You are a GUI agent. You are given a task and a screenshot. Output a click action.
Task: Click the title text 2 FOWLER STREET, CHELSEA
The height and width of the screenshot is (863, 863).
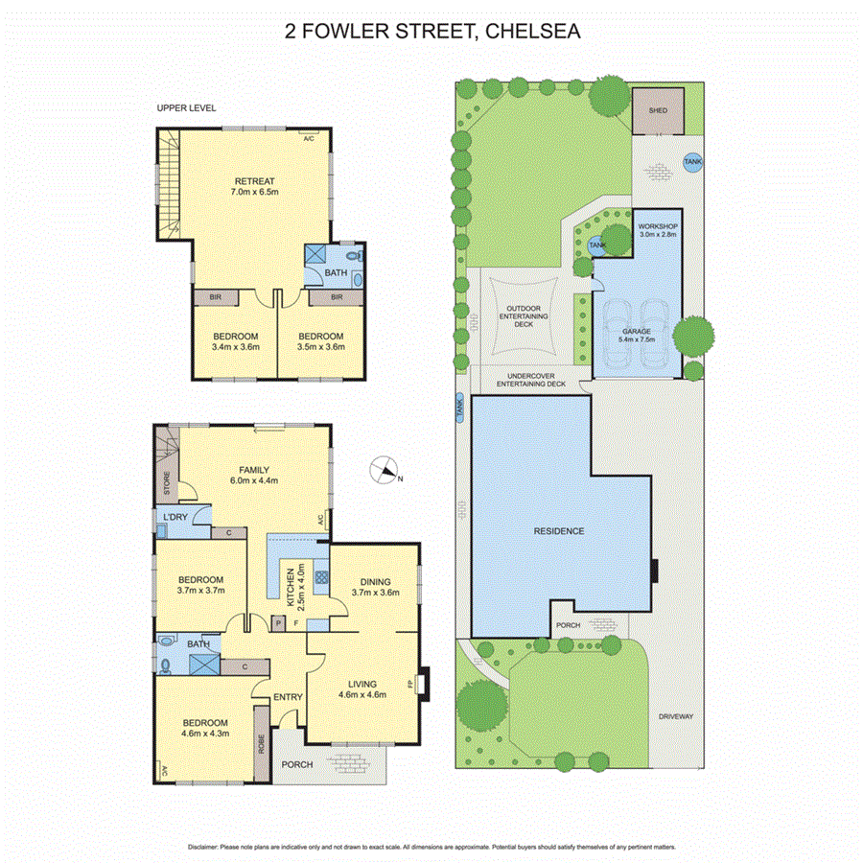pos(431,31)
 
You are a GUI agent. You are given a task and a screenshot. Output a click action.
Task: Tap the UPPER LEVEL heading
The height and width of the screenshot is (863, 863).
pos(186,108)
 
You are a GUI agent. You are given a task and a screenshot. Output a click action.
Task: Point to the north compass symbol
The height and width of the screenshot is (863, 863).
pos(385,470)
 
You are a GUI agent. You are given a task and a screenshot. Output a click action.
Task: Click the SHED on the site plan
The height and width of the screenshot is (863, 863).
pos(658,111)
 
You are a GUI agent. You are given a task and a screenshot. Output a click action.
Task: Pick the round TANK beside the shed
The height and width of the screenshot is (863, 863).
pos(691,163)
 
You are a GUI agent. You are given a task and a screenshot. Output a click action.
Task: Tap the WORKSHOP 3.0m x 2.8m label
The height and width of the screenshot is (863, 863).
pos(658,230)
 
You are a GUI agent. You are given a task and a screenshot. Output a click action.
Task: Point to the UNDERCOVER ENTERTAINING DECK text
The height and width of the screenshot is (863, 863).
pos(530,380)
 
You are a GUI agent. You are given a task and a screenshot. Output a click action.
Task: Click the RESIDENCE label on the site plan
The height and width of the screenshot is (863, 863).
pos(559,530)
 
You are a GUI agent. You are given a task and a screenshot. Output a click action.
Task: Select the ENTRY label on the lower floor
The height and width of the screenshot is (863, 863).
pos(288,697)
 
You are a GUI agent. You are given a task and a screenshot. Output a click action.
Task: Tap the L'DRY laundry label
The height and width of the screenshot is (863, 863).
pos(175,518)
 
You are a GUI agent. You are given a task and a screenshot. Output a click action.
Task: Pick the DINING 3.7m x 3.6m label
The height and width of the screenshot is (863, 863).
pos(374,586)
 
